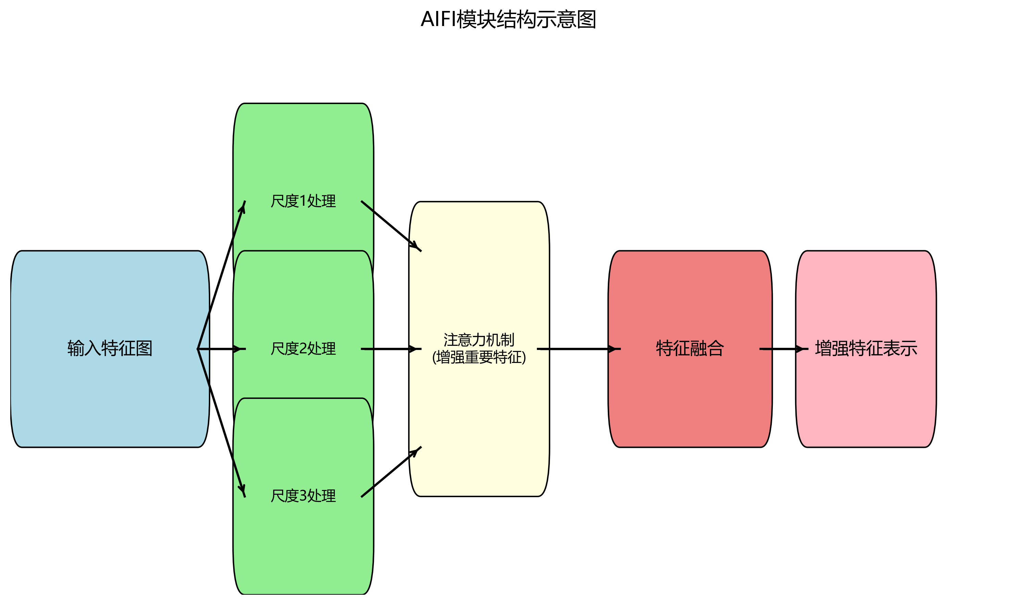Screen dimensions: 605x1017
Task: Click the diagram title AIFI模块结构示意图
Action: tap(508, 19)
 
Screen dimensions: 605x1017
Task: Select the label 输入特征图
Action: tap(110, 349)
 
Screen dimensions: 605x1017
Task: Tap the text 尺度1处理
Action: tap(303, 201)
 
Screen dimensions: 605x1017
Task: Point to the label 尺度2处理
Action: tap(303, 349)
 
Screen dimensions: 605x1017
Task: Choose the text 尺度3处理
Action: tap(303, 496)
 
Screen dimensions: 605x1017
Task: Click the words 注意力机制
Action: tap(479, 340)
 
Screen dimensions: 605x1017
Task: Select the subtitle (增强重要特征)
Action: tap(479, 357)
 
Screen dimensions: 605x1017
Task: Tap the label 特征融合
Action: tap(690, 349)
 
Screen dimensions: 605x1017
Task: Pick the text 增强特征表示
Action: tap(866, 349)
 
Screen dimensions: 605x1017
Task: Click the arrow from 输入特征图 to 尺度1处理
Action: tap(221, 275)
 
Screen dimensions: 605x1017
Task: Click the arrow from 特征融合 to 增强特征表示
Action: tap(783, 349)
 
